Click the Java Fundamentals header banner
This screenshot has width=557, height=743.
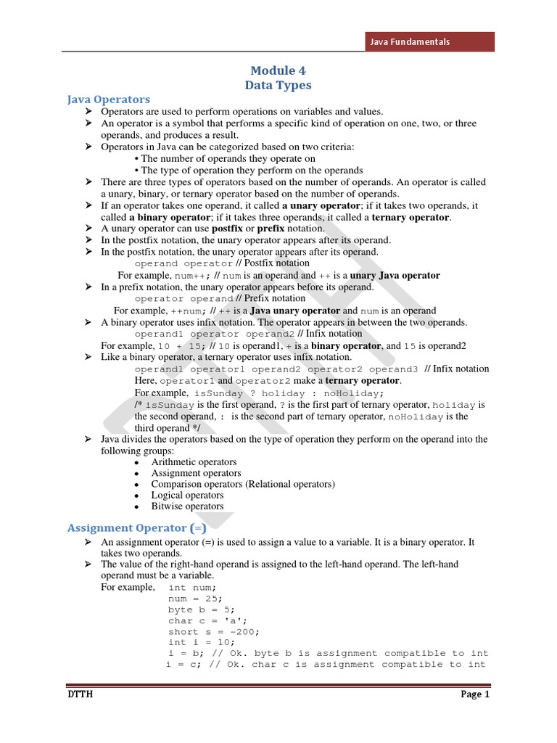coord(429,42)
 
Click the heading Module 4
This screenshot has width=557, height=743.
coord(278,70)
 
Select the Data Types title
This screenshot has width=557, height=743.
coord(278,85)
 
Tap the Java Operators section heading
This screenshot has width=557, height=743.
coord(108,99)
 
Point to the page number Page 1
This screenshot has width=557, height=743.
coord(476,694)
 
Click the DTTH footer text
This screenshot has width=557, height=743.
coord(80,695)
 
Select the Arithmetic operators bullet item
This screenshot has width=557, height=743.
coord(194,462)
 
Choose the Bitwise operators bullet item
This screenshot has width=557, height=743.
coord(187,506)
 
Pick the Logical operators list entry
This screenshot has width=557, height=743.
coord(187,496)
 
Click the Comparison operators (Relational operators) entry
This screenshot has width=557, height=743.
coord(243,484)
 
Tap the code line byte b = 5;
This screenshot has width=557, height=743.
coord(201,610)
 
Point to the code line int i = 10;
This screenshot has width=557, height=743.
coord(201,643)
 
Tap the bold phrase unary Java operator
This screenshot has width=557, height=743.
coord(395,276)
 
